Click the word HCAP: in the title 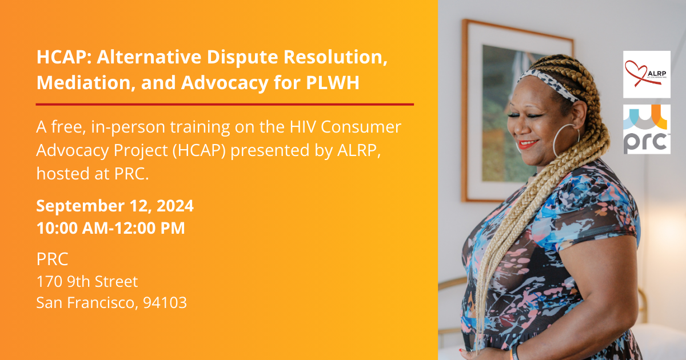(x=62, y=58)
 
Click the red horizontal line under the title (x=225, y=105)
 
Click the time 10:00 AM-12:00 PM (x=110, y=228)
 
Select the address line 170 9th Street (x=87, y=281)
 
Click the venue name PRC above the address (x=52, y=259)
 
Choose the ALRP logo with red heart (x=647, y=74)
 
